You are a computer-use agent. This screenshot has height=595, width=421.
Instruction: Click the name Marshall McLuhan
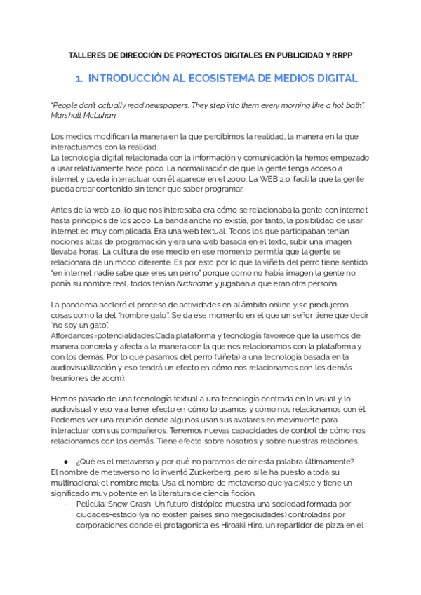(84, 115)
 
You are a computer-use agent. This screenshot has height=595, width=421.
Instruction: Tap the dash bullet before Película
(65, 504)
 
